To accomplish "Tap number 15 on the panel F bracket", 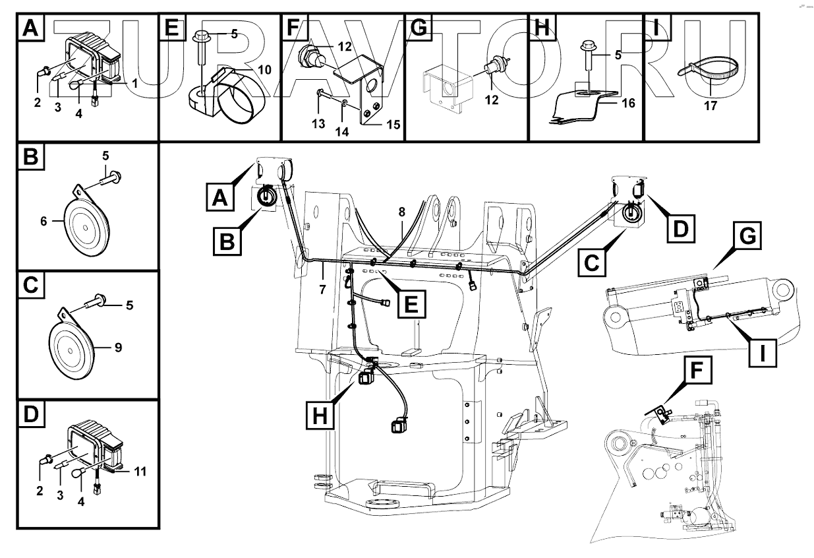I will (393, 124).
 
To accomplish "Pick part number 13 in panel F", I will (318, 123).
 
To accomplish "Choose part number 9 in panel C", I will (119, 347).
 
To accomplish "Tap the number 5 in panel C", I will (131, 305).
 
